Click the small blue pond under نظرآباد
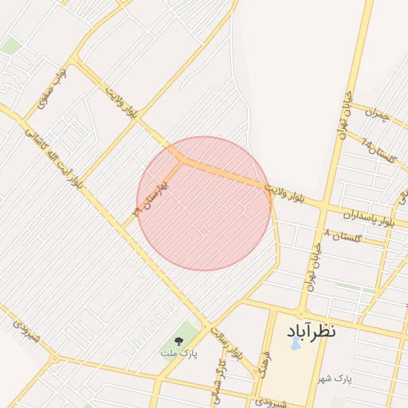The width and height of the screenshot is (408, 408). tap(296, 345)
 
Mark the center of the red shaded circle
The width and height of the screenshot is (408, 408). tap(204, 203)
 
